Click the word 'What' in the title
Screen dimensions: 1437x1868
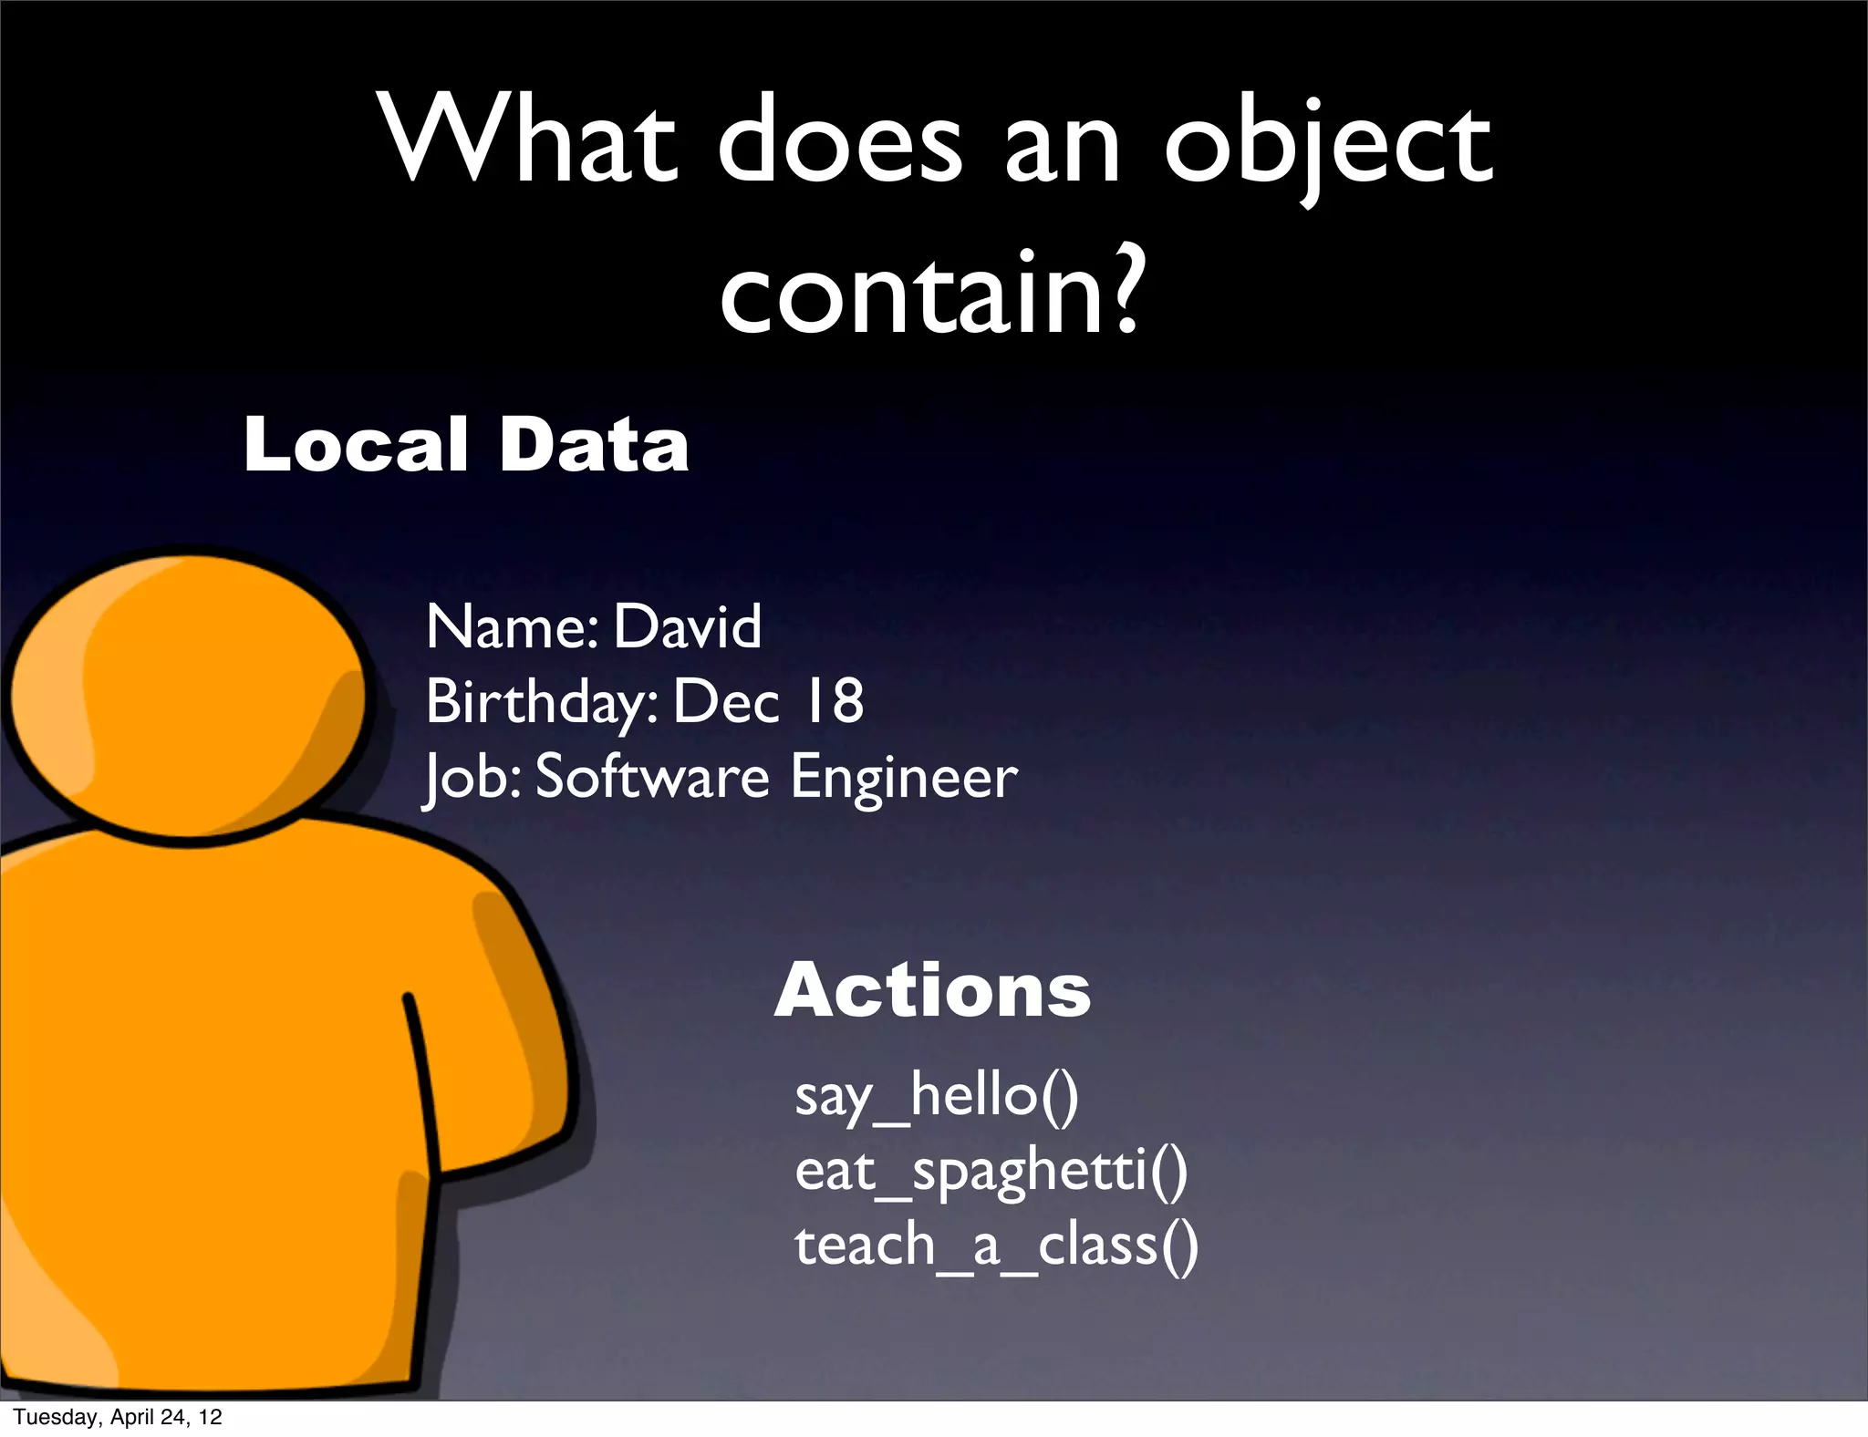click(529, 139)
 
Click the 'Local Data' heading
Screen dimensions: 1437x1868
click(465, 444)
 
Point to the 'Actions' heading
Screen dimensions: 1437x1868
click(932, 991)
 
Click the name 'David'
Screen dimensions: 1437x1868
click(687, 626)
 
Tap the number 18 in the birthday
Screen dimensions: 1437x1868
click(832, 701)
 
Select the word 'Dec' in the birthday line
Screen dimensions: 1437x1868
click(726, 701)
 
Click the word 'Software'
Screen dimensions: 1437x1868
click(652, 777)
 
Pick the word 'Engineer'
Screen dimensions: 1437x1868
click(903, 777)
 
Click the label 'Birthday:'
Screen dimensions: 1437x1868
click(542, 703)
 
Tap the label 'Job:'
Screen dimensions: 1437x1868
click(472, 778)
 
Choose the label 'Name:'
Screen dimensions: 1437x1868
click(512, 626)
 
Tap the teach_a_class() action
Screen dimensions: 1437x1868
click(996, 1245)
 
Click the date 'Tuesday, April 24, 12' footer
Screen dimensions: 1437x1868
click(118, 1417)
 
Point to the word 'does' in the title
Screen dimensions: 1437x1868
click(839, 141)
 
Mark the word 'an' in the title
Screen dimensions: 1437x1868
click(1063, 146)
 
